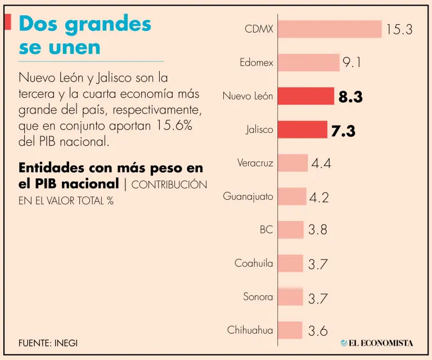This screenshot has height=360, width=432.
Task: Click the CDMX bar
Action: [x=330, y=29]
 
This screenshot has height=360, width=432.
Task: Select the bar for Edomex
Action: [x=309, y=62]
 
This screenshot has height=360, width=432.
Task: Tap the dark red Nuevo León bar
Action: [x=306, y=96]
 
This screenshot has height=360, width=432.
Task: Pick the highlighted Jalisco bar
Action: [x=303, y=129]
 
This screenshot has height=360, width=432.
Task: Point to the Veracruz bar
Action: [x=293, y=163]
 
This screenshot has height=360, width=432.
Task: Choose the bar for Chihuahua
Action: [x=290, y=330]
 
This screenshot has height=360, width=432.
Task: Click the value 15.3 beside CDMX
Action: [x=399, y=30]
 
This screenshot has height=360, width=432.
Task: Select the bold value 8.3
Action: [x=350, y=97]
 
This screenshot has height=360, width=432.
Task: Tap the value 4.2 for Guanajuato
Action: [x=319, y=197]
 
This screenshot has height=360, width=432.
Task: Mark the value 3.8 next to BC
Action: [x=318, y=230]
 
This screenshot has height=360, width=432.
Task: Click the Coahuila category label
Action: [x=254, y=263]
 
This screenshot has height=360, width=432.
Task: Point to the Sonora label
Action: [x=258, y=296]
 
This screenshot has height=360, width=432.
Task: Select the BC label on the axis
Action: [x=266, y=229]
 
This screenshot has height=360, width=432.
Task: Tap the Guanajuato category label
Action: [x=248, y=196]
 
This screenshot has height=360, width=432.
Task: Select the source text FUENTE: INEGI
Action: [x=48, y=343]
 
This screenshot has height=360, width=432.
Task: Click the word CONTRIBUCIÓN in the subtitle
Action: [x=169, y=184]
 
